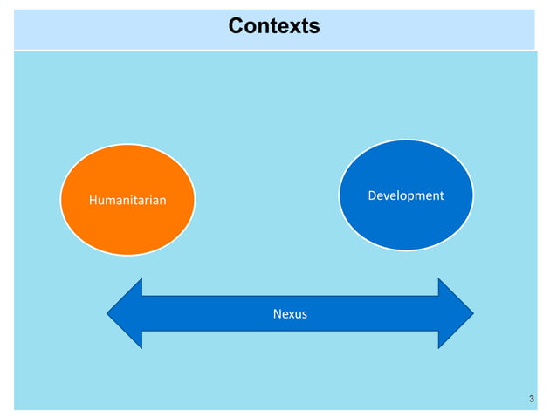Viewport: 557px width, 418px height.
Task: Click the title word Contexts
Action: click(x=274, y=26)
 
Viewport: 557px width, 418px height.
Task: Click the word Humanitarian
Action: click(x=127, y=201)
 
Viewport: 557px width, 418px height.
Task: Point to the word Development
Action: click(x=406, y=195)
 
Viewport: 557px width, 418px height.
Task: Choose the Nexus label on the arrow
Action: click(x=290, y=313)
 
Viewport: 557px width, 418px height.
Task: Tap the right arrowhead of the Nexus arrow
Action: click(x=455, y=313)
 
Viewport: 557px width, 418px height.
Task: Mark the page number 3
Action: click(x=532, y=400)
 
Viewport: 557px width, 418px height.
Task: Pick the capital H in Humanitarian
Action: click(x=93, y=201)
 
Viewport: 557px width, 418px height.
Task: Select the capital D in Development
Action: click(x=373, y=195)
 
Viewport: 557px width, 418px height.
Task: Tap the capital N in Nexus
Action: click(x=277, y=313)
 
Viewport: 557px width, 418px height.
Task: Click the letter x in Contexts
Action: click(x=293, y=26)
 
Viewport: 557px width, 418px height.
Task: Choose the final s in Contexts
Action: click(x=315, y=26)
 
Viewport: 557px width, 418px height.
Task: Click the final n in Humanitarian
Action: click(x=162, y=201)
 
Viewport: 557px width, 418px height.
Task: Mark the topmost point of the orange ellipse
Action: click(x=127, y=145)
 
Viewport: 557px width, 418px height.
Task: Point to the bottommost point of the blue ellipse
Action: click(x=406, y=251)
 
